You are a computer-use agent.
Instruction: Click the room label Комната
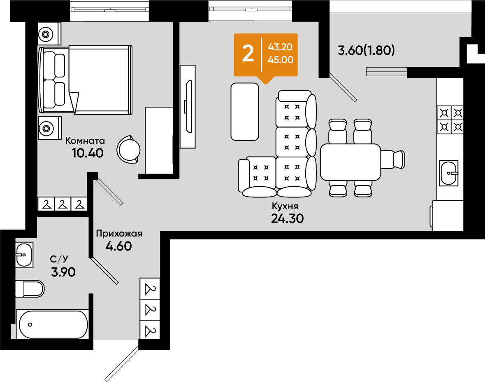(85, 141)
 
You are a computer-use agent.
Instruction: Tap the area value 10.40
(88, 153)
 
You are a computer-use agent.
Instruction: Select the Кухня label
(285, 206)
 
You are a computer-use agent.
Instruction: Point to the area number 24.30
(288, 219)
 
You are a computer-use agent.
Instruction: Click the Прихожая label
(119, 234)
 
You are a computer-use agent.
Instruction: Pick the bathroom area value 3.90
(63, 272)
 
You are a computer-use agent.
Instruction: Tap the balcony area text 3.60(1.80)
(366, 50)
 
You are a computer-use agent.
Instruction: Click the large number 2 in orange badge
(248, 54)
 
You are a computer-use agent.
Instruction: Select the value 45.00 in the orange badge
(281, 60)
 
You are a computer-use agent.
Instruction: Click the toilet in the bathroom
(30, 289)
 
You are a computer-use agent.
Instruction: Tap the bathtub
(53, 324)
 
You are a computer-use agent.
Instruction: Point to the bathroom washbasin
(24, 255)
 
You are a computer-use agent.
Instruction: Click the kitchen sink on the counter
(449, 173)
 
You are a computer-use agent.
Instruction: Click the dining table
(350, 162)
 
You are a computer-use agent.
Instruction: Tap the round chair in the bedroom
(128, 150)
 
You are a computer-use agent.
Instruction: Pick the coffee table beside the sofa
(245, 112)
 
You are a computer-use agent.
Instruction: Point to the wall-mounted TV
(188, 107)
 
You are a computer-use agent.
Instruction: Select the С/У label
(59, 259)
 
